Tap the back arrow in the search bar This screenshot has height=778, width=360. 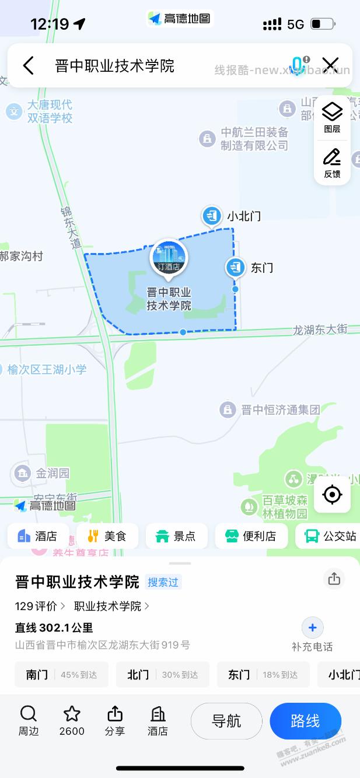28,65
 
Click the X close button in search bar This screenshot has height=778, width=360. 331,65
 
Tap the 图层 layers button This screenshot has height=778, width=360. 332,117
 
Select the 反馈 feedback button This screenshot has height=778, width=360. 332,163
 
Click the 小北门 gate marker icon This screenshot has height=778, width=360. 211,215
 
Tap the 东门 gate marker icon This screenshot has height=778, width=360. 235,267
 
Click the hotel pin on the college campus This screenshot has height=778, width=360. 169,257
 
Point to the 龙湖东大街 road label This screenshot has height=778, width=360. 320,330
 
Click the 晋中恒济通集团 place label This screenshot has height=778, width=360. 281,409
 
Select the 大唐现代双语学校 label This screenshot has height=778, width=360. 50,111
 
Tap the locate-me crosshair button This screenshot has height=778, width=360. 332,495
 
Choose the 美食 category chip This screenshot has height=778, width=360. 107,536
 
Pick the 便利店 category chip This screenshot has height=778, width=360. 251,536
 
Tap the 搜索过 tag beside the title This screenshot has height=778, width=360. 163,581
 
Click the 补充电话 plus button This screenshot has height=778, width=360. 312,628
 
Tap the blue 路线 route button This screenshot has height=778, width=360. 305,721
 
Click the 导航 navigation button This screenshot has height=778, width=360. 226,721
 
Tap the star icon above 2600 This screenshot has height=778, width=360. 72,714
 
